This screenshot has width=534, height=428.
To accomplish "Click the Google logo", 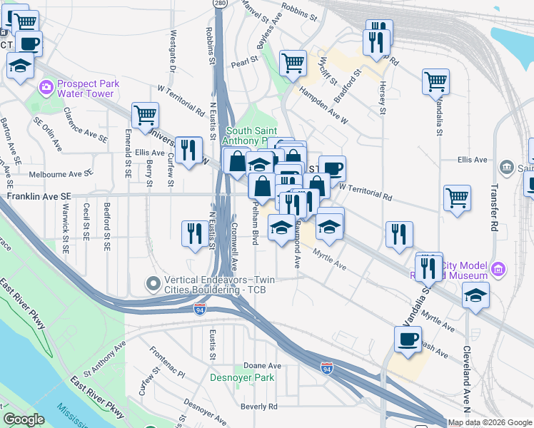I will (24, 419).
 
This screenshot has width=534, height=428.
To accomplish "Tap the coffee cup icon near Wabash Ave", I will (408, 340).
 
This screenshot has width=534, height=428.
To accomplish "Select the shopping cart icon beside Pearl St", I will (293, 63).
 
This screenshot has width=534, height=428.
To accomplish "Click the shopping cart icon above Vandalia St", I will (435, 81).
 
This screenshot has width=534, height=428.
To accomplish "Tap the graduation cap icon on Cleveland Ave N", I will (475, 295).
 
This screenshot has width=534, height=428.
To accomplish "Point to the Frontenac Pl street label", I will (167, 362).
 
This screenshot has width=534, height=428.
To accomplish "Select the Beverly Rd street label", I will (258, 407).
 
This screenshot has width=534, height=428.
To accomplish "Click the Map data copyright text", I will (490, 422).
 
